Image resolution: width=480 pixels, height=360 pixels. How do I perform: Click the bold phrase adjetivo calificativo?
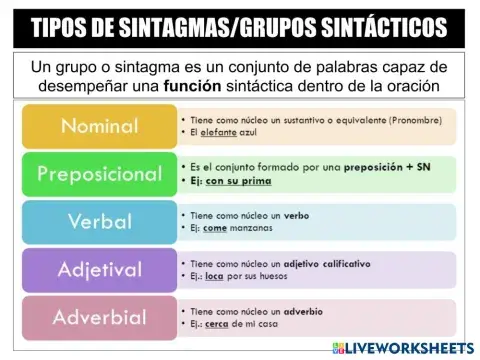click(x=327, y=263)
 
